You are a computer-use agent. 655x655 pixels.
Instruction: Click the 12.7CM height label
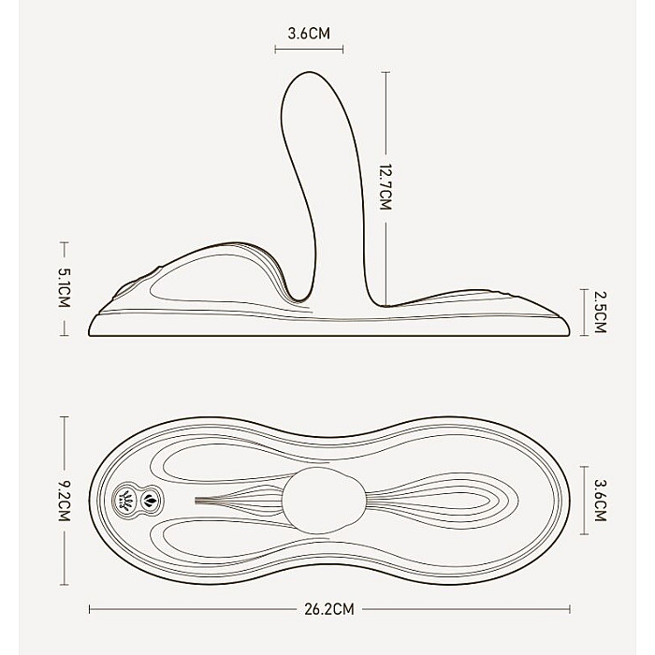coord(386,187)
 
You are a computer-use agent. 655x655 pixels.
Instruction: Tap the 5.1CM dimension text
coord(64,287)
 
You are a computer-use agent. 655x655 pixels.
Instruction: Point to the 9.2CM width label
coord(64,501)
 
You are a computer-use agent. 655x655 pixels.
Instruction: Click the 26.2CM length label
coord(329,609)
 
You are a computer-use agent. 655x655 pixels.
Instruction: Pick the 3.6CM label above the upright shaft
coord(309,34)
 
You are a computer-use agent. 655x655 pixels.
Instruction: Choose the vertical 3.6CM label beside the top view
coord(600,501)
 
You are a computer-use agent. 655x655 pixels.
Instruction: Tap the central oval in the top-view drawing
coord(324,501)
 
